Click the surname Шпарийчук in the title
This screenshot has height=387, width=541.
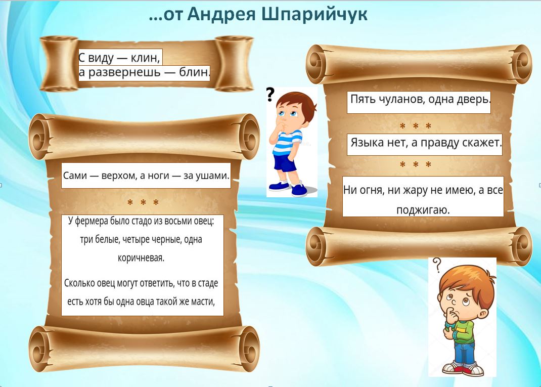(x=314, y=15)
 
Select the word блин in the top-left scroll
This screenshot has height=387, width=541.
(x=194, y=72)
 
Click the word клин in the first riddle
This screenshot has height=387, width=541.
(x=145, y=58)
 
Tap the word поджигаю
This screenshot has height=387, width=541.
(x=423, y=210)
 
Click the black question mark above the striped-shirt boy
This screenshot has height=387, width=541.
(x=270, y=94)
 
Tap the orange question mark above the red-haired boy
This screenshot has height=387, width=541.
(x=437, y=265)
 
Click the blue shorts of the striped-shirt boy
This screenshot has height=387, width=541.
(x=285, y=163)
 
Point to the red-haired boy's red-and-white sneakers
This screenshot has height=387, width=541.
(x=463, y=369)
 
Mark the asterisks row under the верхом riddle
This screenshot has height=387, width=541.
(x=143, y=202)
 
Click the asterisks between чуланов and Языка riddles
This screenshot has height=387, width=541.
(x=416, y=126)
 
